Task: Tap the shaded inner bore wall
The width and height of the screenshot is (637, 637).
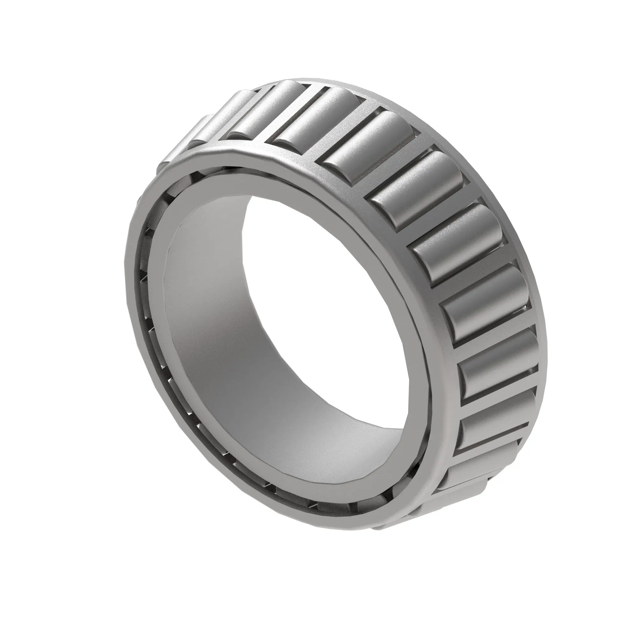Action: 211,330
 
